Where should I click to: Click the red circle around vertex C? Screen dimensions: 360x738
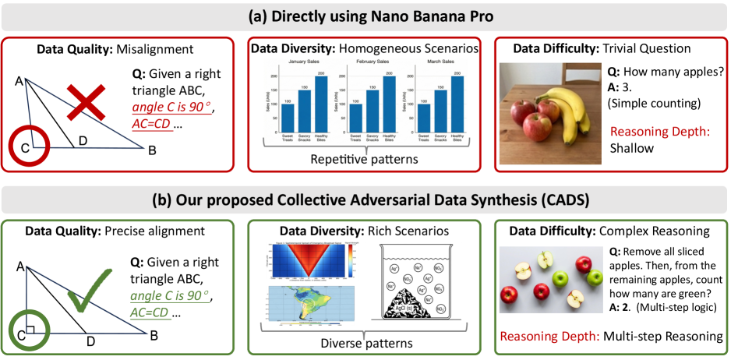click(29, 142)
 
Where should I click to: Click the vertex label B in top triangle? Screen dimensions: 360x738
click(152, 150)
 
